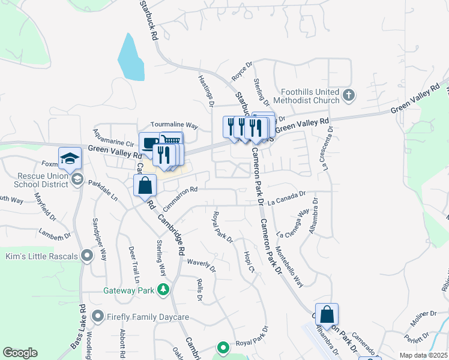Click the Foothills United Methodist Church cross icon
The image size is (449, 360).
pos(349,95)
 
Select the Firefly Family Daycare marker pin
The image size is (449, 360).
pos(98,316)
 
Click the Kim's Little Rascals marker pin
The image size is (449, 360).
pos(87,256)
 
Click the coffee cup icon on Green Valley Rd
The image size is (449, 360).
pos(149,143)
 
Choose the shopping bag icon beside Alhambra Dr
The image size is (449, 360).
pos(327,313)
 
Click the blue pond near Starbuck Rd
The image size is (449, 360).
pos(130,58)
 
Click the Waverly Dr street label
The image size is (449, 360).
pos(201,262)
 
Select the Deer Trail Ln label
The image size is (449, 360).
pos(133,265)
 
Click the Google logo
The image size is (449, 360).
pos(20,352)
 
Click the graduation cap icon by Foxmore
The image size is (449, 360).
pos(70,158)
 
